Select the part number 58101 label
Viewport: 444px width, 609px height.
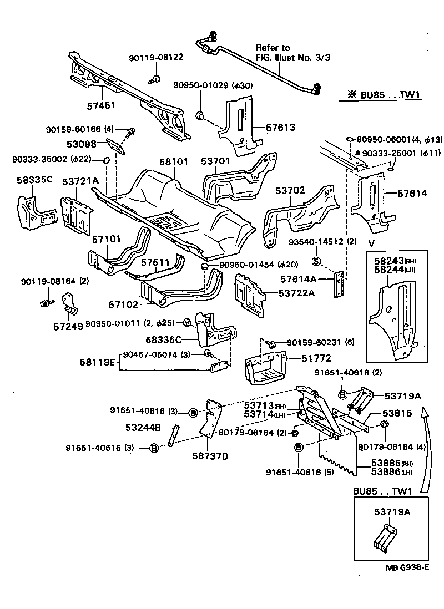click(174, 161)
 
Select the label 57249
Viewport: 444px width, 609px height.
click(68, 326)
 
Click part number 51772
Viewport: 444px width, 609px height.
click(302, 359)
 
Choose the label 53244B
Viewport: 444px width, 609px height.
click(143, 427)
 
